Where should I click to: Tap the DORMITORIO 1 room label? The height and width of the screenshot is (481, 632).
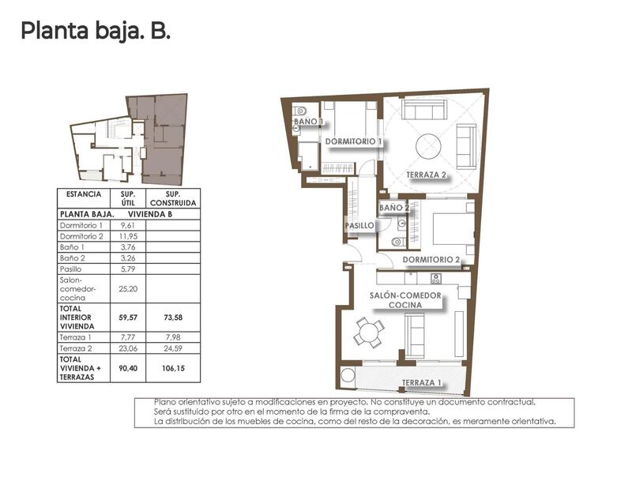(354, 141)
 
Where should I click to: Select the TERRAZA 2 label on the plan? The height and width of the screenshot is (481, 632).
(427, 175)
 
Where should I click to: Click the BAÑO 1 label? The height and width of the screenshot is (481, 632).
(309, 122)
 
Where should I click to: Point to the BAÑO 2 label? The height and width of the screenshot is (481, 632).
(394, 208)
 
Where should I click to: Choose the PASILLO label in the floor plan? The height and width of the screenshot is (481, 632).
(359, 226)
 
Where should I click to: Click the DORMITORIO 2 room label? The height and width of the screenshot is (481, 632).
(431, 259)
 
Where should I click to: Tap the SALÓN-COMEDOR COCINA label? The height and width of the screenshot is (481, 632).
(406, 300)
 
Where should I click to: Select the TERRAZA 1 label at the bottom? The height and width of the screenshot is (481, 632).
(421, 383)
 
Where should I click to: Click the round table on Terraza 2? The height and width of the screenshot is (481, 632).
(429, 145)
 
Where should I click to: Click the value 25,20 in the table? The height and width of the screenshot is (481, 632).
(127, 289)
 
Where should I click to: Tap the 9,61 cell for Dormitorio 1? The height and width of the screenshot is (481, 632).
(127, 226)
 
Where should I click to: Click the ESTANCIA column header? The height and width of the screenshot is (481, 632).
(84, 194)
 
